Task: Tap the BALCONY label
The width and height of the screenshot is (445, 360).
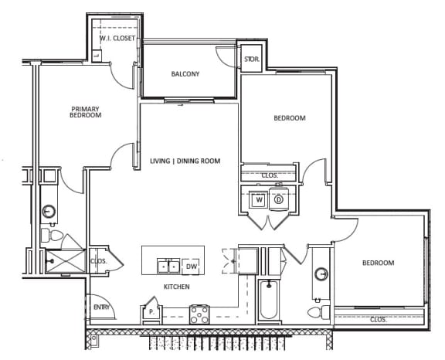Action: coord(185,74)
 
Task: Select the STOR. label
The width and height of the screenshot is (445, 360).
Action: coord(251,59)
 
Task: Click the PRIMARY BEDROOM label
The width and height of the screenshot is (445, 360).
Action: coord(86,112)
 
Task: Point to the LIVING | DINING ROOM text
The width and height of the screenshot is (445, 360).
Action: coord(185,161)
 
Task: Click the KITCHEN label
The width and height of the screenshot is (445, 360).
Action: coord(176,287)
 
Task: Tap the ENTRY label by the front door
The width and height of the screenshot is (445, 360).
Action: coord(101,308)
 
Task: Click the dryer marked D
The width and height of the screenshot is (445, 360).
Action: coord(279,199)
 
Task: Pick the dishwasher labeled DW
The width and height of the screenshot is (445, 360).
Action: coord(192,267)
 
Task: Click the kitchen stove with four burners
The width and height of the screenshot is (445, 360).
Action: coord(200,314)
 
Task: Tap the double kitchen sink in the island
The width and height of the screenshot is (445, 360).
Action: coord(168,267)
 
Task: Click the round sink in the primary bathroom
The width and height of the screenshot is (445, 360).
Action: coord(48,210)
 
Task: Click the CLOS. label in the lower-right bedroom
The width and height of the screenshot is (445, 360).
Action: coord(379,318)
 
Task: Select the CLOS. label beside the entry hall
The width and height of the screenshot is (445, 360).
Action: coord(98,261)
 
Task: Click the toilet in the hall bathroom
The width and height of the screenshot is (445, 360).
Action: coord(315,312)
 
